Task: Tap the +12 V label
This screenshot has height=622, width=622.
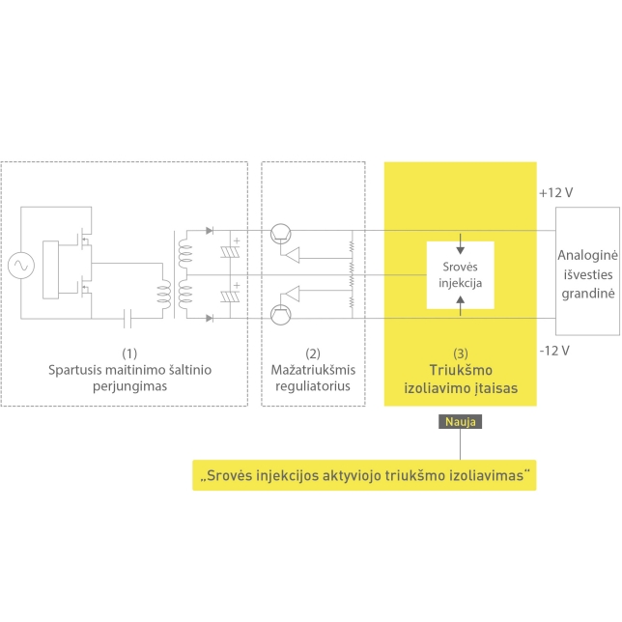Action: tap(556, 192)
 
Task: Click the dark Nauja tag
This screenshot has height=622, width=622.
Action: tap(460, 421)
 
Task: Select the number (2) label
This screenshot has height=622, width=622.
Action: tap(312, 353)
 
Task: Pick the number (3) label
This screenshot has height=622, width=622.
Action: tap(460, 353)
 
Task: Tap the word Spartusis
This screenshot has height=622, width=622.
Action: tap(73, 370)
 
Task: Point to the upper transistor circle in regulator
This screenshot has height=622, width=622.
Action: tap(280, 232)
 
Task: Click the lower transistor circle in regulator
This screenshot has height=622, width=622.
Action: tap(280, 313)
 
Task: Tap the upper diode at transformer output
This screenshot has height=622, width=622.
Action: tap(211, 232)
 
